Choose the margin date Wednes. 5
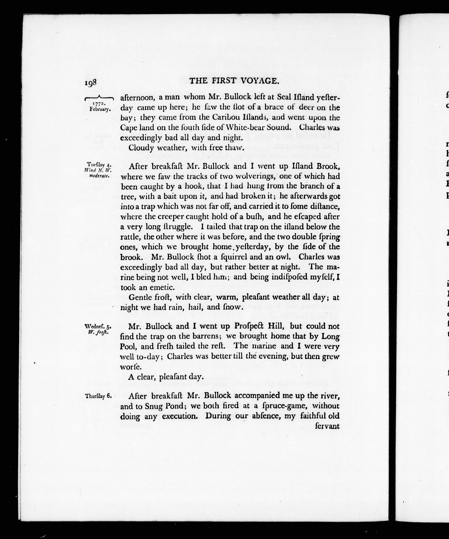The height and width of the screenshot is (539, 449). [98, 327]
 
